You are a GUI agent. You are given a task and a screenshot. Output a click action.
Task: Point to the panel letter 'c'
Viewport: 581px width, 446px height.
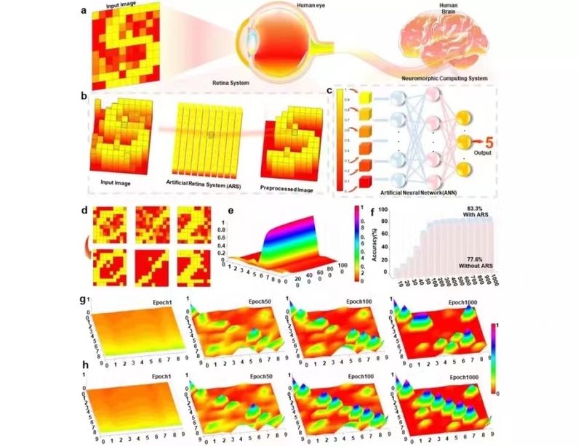329,92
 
